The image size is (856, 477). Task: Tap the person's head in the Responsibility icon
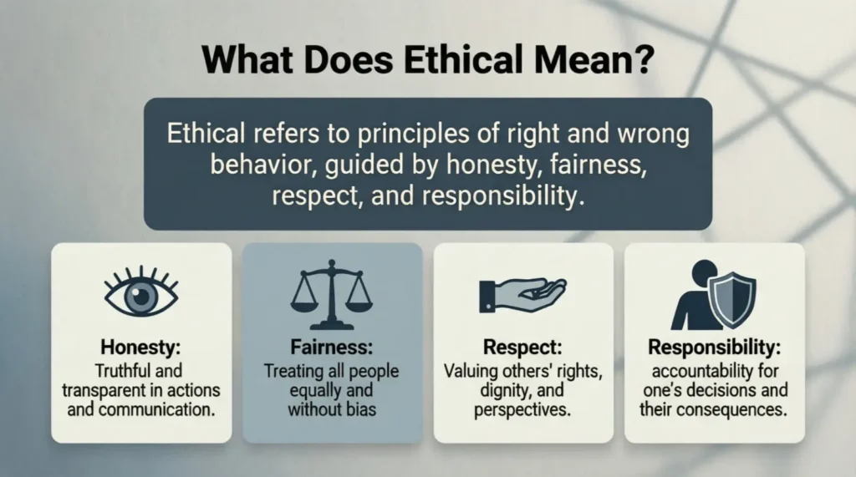pos(705,272)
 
